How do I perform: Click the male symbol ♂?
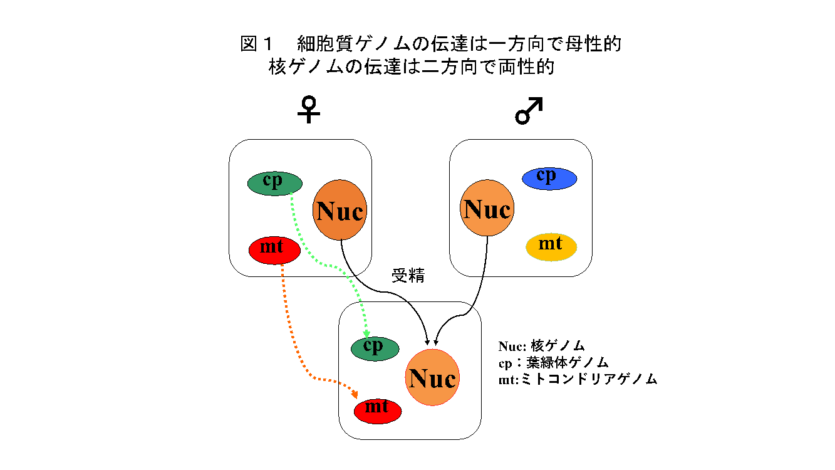[529, 111]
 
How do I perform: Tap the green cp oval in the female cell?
[275, 183]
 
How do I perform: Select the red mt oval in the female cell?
[274, 249]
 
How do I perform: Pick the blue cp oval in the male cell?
[549, 179]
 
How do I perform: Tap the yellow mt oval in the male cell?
[551, 246]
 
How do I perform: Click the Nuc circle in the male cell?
[487, 209]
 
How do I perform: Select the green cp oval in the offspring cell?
[375, 348]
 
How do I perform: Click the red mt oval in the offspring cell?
[378, 410]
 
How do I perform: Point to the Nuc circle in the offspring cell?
[432, 378]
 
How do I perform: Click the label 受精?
[408, 276]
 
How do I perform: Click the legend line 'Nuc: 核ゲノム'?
[542, 346]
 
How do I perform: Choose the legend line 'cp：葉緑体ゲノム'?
[554, 363]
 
